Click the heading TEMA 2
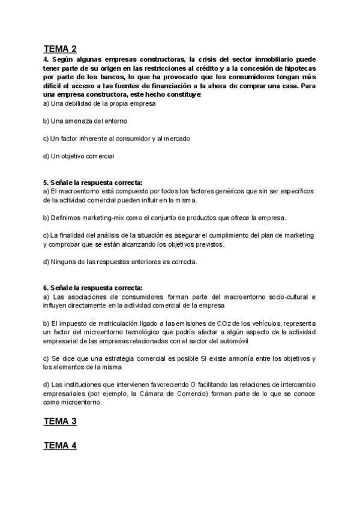[59, 49]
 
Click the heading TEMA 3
[59, 421]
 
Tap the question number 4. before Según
[46, 60]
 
